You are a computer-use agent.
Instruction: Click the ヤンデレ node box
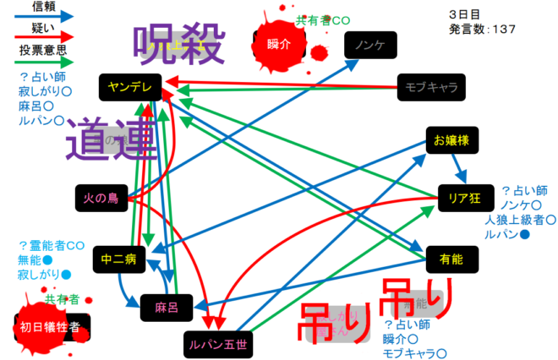(x=129, y=85)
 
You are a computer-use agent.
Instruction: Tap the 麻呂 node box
(x=165, y=305)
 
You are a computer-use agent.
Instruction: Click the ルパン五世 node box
(x=218, y=343)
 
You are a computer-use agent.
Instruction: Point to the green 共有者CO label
(x=321, y=19)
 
